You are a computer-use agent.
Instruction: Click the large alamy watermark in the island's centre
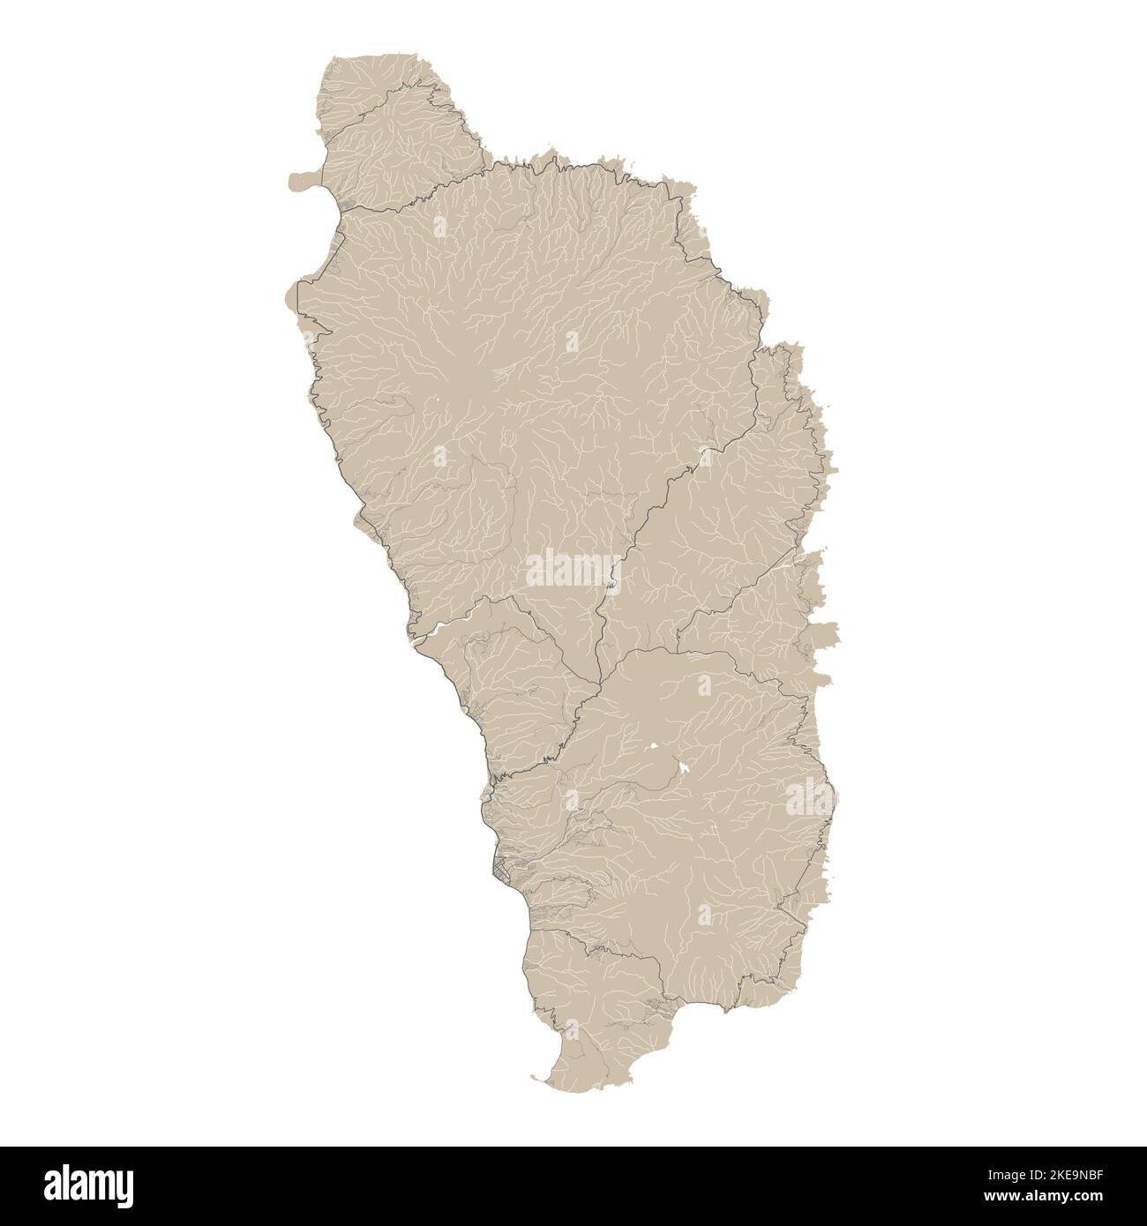[573, 571]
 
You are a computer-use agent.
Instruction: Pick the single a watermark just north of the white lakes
[703, 685]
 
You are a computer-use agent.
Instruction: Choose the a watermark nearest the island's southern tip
[574, 1028]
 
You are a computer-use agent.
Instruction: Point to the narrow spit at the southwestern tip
[540, 1077]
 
